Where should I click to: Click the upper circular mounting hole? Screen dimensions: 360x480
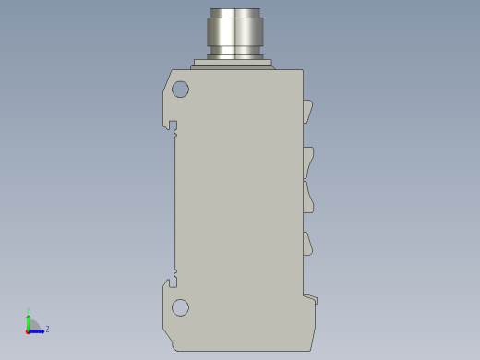[180, 90]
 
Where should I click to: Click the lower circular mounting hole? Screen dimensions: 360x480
[180, 307]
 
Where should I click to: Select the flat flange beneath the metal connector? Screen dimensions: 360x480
[234, 65]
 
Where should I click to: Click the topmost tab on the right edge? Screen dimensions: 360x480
[309, 112]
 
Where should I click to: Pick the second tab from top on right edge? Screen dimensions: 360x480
[309, 162]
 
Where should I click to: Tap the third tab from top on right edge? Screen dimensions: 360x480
[309, 196]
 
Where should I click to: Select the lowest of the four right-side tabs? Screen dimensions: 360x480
[309, 244]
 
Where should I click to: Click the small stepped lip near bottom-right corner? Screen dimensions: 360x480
[311, 298]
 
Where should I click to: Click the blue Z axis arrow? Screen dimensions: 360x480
[38, 330]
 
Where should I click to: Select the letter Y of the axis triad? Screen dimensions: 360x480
[28, 310]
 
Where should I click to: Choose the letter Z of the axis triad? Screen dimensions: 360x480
[47, 329]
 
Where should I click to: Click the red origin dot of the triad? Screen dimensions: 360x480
[28, 330]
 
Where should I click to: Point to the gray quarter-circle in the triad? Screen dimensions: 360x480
[32, 325]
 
